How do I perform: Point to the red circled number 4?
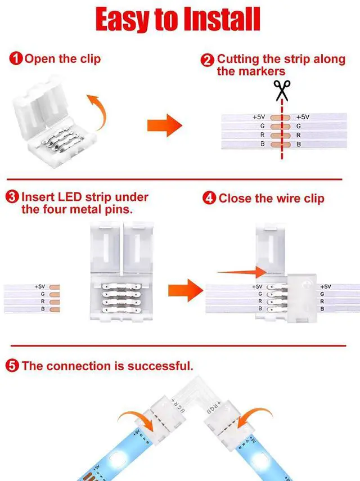click(x=209, y=199)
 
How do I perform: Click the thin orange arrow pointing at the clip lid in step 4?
click(x=242, y=272)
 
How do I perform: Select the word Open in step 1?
click(x=38, y=59)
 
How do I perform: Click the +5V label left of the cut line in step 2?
click(x=258, y=117)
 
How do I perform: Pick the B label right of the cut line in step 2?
click(x=298, y=145)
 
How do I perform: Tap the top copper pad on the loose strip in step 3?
click(x=55, y=287)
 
